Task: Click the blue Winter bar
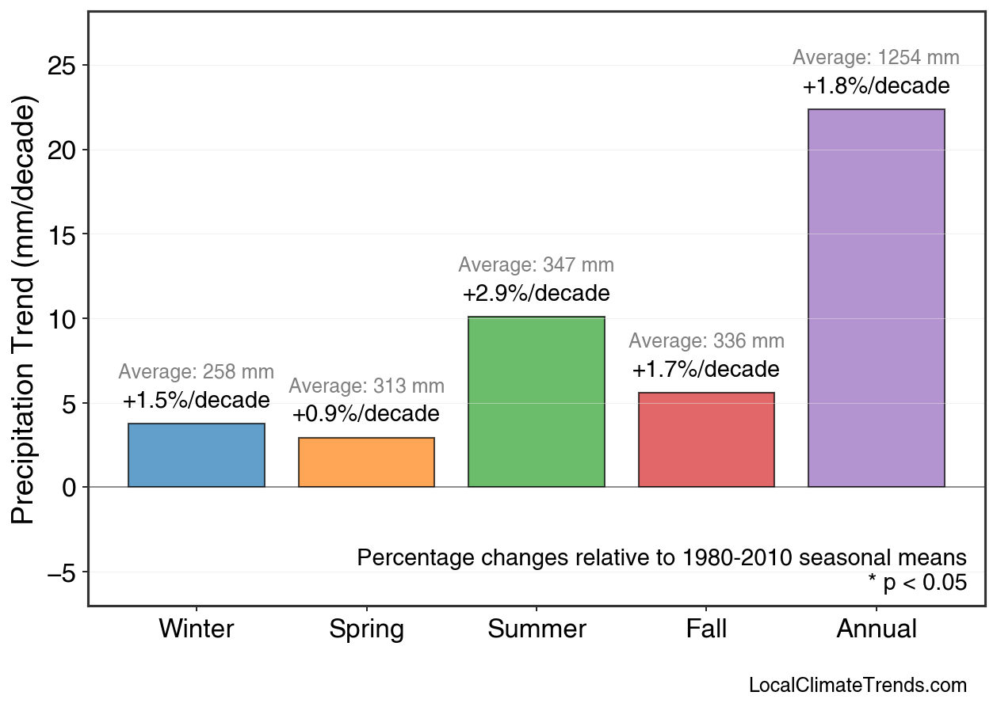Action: (197, 455)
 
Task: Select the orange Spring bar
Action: (366, 462)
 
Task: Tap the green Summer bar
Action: (537, 402)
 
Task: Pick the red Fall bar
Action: (706, 439)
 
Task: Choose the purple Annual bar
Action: (876, 298)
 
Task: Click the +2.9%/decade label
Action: (537, 294)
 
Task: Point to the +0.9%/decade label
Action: (366, 414)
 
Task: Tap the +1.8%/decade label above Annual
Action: (876, 86)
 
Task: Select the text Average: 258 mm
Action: (197, 372)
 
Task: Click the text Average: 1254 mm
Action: (876, 58)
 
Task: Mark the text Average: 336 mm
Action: (706, 341)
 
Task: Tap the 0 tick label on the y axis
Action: (70, 487)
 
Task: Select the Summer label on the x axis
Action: (537, 629)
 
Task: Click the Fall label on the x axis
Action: (706, 629)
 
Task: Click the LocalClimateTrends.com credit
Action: (858, 686)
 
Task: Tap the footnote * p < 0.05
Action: (917, 583)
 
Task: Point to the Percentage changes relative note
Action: (662, 557)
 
